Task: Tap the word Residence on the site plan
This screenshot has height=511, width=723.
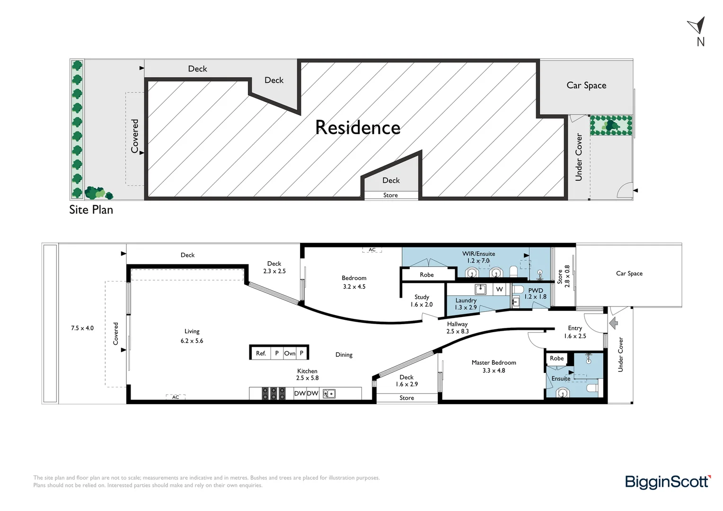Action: pyautogui.click(x=358, y=127)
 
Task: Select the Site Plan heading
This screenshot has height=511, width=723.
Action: pyautogui.click(x=91, y=210)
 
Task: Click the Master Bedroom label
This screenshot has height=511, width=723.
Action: pyautogui.click(x=494, y=362)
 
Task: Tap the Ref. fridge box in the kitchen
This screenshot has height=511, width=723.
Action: pyautogui.click(x=261, y=353)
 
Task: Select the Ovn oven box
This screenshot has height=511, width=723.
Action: pyautogui.click(x=290, y=353)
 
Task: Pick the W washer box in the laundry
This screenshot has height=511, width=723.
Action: pyautogui.click(x=499, y=289)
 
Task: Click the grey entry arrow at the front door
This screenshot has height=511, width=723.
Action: pyautogui.click(x=613, y=323)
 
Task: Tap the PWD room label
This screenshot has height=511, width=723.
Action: pyautogui.click(x=536, y=290)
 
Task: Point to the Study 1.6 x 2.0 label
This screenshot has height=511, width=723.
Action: pyautogui.click(x=422, y=300)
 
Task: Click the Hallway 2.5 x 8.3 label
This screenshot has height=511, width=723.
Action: pyautogui.click(x=458, y=327)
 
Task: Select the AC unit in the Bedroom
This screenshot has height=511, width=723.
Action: pyautogui.click(x=372, y=250)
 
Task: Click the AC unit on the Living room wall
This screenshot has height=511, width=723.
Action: pyautogui.click(x=176, y=397)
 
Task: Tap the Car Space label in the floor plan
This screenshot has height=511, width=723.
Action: pyautogui.click(x=629, y=273)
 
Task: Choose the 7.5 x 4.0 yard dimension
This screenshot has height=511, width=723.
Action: pyautogui.click(x=82, y=328)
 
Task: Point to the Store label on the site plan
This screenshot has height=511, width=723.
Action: pyautogui.click(x=390, y=195)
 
